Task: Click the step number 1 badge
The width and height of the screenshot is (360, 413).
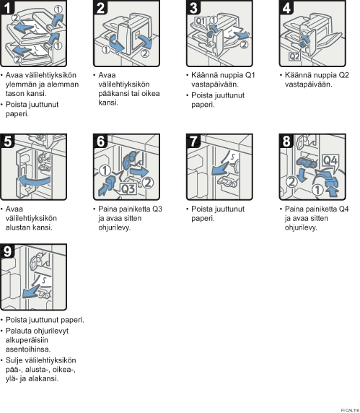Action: point(7,7)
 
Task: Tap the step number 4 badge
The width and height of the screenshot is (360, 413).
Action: point(286,7)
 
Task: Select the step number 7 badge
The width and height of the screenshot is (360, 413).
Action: point(193,141)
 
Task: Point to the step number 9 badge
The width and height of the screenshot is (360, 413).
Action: point(7,251)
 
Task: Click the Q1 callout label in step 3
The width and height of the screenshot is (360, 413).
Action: point(201,21)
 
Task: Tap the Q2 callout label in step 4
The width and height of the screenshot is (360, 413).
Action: point(294,56)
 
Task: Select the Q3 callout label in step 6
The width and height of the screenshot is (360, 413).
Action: point(128,189)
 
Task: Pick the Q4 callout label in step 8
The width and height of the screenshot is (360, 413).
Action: point(330,160)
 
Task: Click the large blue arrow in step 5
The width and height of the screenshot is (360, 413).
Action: point(34,181)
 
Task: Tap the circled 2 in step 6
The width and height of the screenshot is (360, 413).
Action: point(148,182)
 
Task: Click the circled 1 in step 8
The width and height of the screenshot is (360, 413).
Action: point(318,189)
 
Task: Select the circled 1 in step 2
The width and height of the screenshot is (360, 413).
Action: point(106,49)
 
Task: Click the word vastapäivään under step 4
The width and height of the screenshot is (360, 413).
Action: point(309,84)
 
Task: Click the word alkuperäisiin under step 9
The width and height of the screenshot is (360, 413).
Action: point(27,340)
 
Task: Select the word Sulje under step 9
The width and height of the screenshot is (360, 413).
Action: point(14,360)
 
